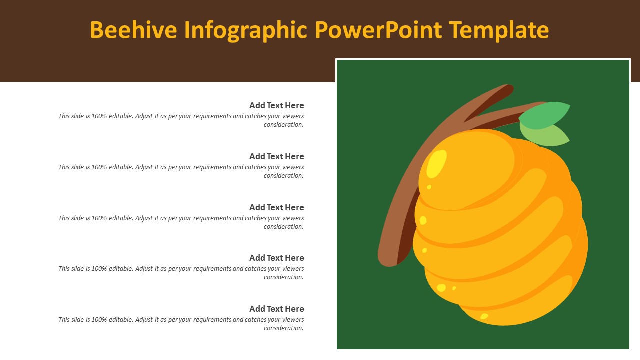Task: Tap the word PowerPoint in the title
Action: [x=378, y=30]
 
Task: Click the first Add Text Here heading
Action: [x=276, y=105]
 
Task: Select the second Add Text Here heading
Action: [x=276, y=156]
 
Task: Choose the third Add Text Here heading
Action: [x=276, y=207]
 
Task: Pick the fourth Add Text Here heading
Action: [x=276, y=258]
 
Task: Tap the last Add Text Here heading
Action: [x=276, y=309]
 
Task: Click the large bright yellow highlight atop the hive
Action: [x=436, y=164]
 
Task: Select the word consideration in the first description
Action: [x=283, y=125]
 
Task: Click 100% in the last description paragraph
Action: [x=99, y=320]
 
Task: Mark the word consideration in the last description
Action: [x=283, y=328]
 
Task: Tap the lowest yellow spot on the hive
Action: [x=484, y=316]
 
